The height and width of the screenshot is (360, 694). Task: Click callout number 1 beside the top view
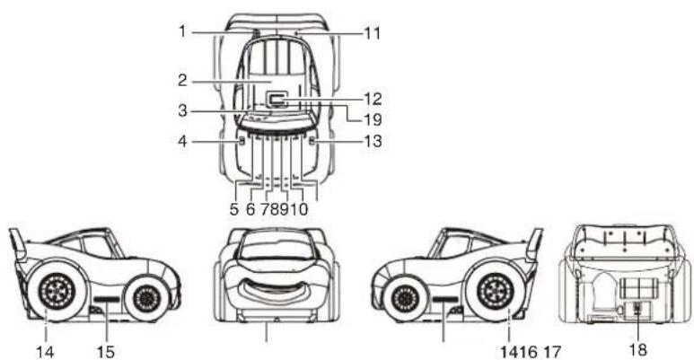click(182, 31)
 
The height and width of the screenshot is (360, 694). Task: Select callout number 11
click(372, 32)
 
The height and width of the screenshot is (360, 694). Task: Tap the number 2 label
click(183, 80)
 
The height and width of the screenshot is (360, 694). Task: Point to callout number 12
click(373, 98)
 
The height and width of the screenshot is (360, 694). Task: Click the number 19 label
click(373, 119)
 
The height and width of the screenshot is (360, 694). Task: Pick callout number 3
click(183, 110)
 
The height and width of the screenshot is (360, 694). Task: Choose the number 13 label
click(373, 141)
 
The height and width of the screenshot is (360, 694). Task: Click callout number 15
click(105, 352)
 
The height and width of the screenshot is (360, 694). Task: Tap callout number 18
click(637, 350)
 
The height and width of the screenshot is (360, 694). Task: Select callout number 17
click(551, 353)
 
